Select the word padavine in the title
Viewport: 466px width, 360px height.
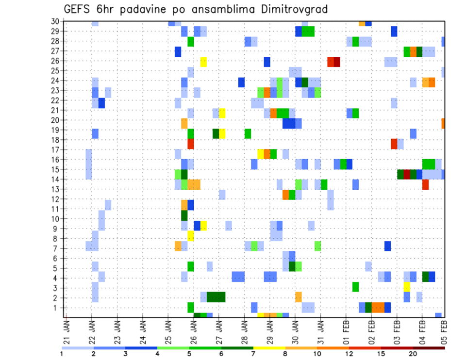point(140,10)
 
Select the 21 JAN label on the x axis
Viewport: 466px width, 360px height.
point(67,330)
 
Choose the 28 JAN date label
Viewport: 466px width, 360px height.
point(244,330)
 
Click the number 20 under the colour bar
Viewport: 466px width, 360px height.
point(413,354)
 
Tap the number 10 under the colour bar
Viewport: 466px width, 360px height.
point(317,354)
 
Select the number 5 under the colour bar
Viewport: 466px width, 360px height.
point(190,354)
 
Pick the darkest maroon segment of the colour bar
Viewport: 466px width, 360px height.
point(429,348)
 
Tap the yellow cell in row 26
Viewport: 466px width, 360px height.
point(203,62)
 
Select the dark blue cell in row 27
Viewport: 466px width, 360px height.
point(178,51)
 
